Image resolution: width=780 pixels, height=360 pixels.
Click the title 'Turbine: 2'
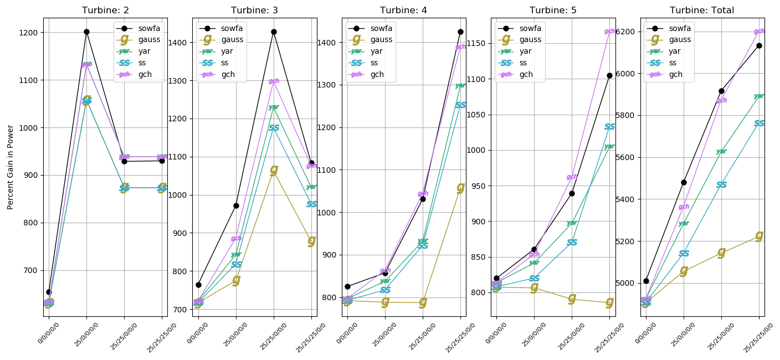pos(105,11)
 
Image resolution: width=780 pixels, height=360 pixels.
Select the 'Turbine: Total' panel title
pos(702,11)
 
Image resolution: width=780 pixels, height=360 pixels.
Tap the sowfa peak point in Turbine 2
pos(86,32)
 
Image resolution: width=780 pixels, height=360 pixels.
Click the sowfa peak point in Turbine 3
pos(274,32)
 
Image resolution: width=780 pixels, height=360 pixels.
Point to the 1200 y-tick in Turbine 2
pos(31,33)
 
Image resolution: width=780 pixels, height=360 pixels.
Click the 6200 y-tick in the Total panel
pos(627,32)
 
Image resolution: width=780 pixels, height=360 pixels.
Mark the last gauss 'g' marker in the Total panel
pos(759,235)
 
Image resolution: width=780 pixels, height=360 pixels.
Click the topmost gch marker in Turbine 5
pos(609,32)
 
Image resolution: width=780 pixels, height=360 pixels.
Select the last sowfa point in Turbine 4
pos(460,32)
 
